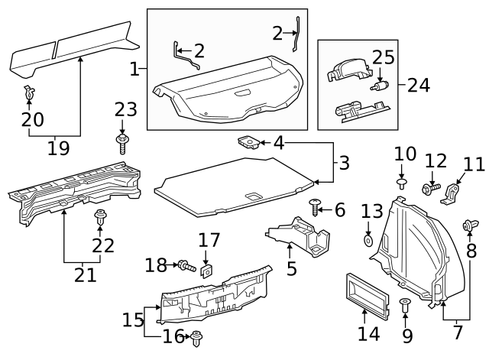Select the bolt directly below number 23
click(121, 143)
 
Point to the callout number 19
click(58, 148)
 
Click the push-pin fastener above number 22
click(100, 218)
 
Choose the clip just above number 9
click(405, 305)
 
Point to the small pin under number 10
click(402, 183)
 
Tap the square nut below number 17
click(206, 270)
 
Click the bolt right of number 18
click(184, 266)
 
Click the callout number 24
click(418, 84)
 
